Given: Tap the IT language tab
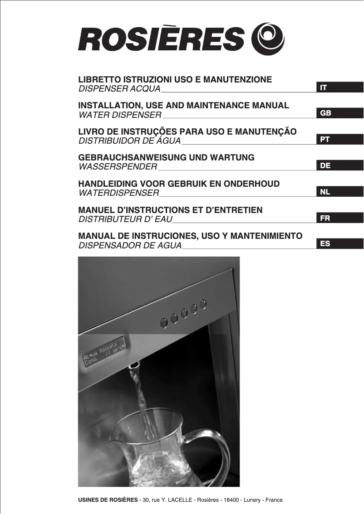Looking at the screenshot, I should pyautogui.click(x=339, y=87).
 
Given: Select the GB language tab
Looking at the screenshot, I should pyautogui.click(x=339, y=113).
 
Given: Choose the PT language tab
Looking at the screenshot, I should pyautogui.click(x=339, y=140).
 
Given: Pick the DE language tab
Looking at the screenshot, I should pyautogui.click(x=339, y=166).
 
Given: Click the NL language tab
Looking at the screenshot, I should pyautogui.click(x=339, y=192).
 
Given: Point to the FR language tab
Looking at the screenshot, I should pyautogui.click(x=339, y=218).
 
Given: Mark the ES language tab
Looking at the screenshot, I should pyautogui.click(x=339, y=244).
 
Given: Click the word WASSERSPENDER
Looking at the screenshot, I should pyautogui.click(x=118, y=167).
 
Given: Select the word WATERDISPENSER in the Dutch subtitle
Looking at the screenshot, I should pyautogui.click(x=119, y=193).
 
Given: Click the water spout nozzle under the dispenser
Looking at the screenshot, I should pyautogui.click(x=135, y=366).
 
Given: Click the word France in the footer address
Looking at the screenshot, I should pyautogui.click(x=274, y=500).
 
